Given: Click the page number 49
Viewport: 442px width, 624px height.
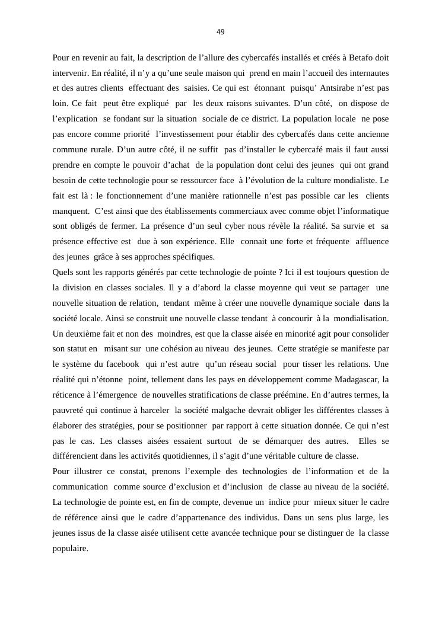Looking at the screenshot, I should point(221,32).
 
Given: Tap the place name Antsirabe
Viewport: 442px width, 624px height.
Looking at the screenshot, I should point(336,88).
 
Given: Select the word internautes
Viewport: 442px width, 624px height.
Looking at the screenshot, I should point(367,73).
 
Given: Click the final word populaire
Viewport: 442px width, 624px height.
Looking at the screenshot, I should point(70,549).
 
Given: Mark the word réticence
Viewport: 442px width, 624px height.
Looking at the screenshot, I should point(69,395).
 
